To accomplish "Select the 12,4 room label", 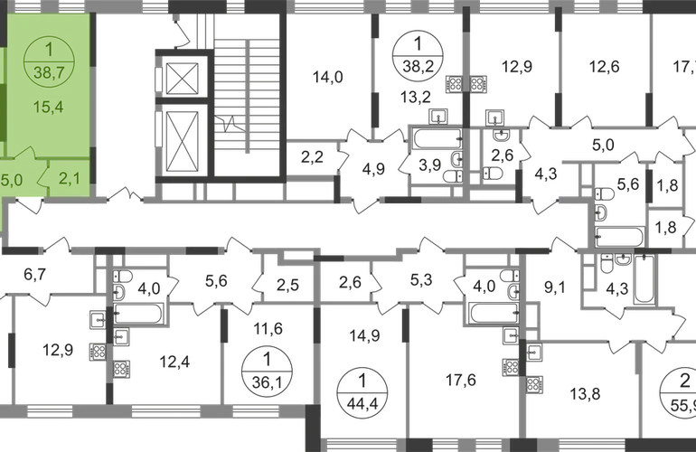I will [165, 363].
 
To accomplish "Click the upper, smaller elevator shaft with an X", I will [183, 79].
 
